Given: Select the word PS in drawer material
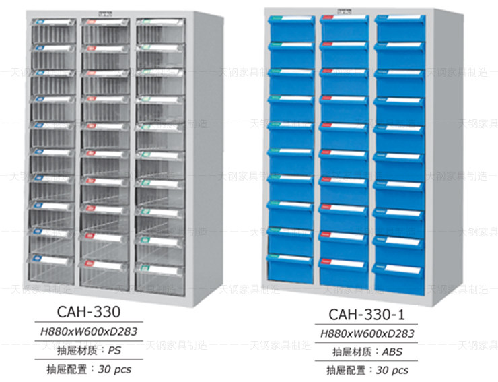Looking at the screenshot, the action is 115,350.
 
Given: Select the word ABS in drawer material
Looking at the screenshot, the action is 392,352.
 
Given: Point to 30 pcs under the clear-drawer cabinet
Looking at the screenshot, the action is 115,369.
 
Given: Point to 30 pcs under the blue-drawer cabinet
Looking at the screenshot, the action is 392,370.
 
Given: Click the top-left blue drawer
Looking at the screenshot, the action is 291,29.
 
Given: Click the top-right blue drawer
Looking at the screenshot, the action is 399,29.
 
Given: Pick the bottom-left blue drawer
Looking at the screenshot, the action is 291,266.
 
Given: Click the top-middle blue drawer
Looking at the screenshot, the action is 344,29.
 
